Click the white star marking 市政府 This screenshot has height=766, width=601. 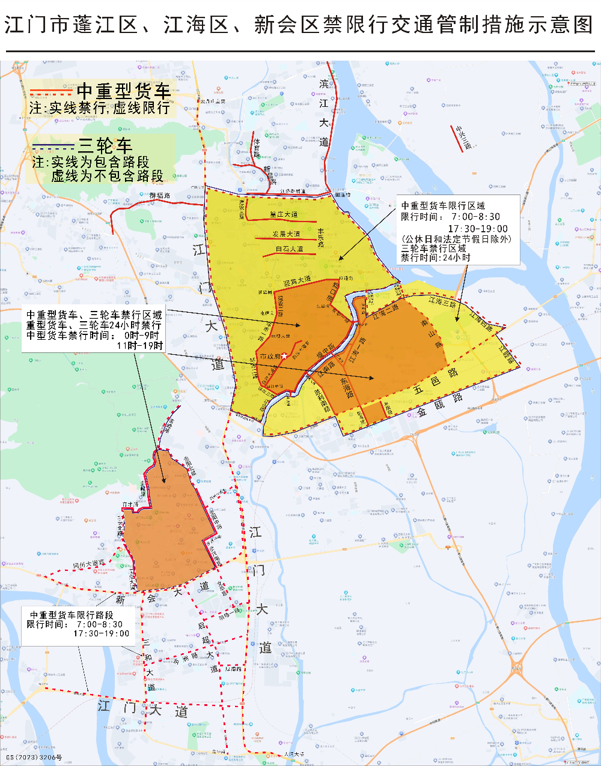(x=284, y=357)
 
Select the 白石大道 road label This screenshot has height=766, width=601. (x=289, y=249)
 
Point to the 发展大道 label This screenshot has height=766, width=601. (x=286, y=234)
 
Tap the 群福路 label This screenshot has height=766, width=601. (x=160, y=196)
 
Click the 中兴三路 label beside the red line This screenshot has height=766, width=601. (x=463, y=137)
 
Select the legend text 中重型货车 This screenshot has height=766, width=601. (x=124, y=91)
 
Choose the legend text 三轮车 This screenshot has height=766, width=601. (x=105, y=145)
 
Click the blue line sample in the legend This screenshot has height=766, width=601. (x=53, y=146)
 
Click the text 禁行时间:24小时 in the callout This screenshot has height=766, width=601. (x=436, y=258)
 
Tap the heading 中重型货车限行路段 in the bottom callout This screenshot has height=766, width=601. (x=72, y=615)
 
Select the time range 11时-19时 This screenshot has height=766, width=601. (x=139, y=345)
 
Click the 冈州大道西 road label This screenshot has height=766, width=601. (x=88, y=564)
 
